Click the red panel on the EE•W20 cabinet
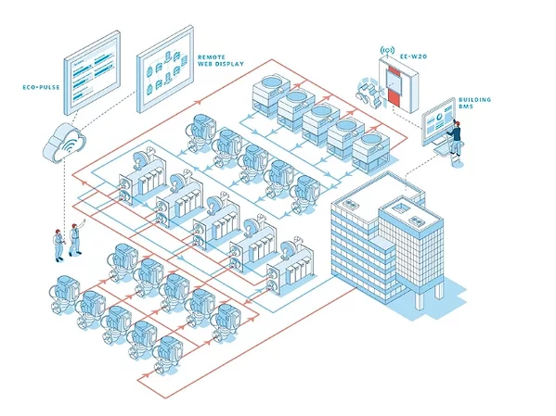coord(395,88)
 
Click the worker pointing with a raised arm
coord(74,237)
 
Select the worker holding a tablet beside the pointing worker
coord(58,244)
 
